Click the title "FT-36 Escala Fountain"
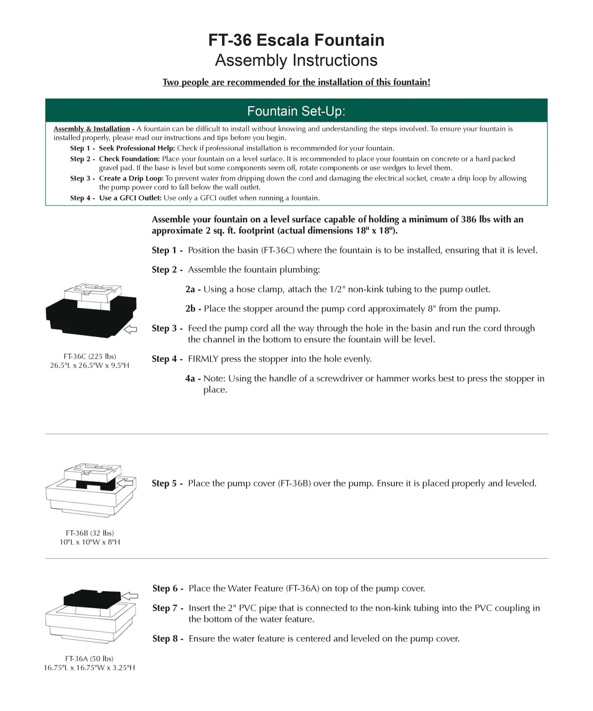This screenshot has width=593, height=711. pyautogui.click(x=296, y=40)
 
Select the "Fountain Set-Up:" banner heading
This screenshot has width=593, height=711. pyautogui.click(x=296, y=111)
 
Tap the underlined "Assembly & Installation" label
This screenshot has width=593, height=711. pyautogui.click(x=92, y=129)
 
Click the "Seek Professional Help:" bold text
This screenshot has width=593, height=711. pyautogui.click(x=137, y=148)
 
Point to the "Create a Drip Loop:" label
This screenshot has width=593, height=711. pyautogui.click(x=131, y=178)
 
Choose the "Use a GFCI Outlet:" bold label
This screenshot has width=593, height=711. pyautogui.click(x=130, y=198)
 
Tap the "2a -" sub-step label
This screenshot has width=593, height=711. pyautogui.click(x=193, y=289)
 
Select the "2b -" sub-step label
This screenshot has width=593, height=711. pyautogui.click(x=193, y=309)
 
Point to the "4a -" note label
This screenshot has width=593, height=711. pyautogui.click(x=193, y=378)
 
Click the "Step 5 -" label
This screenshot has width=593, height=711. pyautogui.click(x=167, y=483)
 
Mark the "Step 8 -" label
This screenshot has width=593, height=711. pyautogui.click(x=167, y=638)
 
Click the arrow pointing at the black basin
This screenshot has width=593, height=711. pyautogui.click(x=130, y=329)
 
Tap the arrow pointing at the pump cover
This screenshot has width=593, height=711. pyautogui.click(x=128, y=483)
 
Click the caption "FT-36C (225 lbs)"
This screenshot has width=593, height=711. pyautogui.click(x=90, y=356)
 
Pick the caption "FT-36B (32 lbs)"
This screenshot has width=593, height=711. pyautogui.click(x=90, y=533)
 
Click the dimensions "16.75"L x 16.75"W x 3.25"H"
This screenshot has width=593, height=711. pyautogui.click(x=90, y=668)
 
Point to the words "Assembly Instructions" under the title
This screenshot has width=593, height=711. pyautogui.click(x=296, y=61)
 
